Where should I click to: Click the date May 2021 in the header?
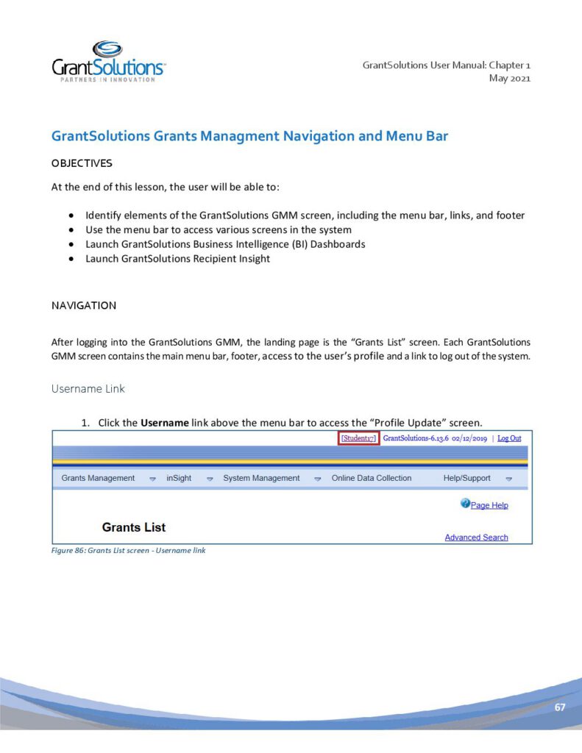[509, 79]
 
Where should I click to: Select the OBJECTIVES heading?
[82, 163]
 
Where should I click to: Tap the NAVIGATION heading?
[83, 305]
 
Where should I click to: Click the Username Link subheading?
[88, 388]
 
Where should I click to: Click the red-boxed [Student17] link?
[358, 438]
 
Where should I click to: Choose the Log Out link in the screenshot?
[509, 438]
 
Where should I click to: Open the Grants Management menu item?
[98, 478]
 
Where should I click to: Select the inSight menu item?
[179, 478]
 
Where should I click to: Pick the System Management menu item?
[261, 478]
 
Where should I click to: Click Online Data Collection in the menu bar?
[372, 478]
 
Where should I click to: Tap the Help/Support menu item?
[466, 478]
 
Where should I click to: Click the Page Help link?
[489, 505]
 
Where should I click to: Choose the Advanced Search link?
[476, 538]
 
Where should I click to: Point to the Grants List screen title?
[134, 527]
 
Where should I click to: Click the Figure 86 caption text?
[128, 550]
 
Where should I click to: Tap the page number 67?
[560, 707]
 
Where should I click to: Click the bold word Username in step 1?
[164, 423]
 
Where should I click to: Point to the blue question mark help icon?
[465, 504]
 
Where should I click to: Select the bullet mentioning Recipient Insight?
[177, 259]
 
